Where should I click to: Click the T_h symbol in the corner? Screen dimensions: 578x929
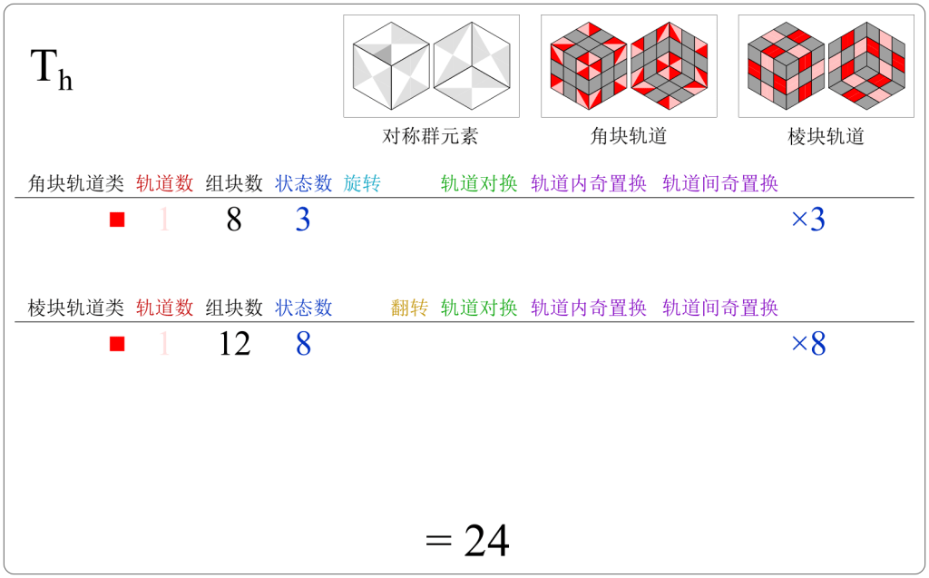pyautogui.click(x=52, y=70)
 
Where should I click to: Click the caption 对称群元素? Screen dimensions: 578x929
pyautogui.click(x=430, y=137)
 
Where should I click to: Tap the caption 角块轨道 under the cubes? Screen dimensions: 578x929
pyautogui.click(x=629, y=137)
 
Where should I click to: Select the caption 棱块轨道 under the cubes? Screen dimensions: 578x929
pyautogui.click(x=826, y=137)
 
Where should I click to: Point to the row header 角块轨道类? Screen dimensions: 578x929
pyautogui.click(x=76, y=183)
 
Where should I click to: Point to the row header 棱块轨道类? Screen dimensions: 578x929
pyautogui.click(x=76, y=308)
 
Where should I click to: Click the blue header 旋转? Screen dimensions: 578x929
pyautogui.click(x=362, y=183)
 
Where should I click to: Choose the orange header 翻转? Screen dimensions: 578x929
pyautogui.click(x=409, y=308)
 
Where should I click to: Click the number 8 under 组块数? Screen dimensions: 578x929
pyautogui.click(x=234, y=220)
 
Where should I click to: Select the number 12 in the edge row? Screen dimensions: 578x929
pyautogui.click(x=234, y=344)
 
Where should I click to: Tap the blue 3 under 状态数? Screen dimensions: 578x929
pyautogui.click(x=303, y=220)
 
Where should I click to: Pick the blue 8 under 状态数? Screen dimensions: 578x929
pyautogui.click(x=303, y=344)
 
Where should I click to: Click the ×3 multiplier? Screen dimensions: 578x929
pyautogui.click(x=807, y=220)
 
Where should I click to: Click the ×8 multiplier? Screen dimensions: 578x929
pyautogui.click(x=807, y=344)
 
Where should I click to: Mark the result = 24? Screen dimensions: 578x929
pyautogui.click(x=467, y=541)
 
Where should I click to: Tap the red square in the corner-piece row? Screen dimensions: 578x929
pyautogui.click(x=116, y=220)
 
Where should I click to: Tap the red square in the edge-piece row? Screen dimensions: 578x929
pyautogui.click(x=116, y=344)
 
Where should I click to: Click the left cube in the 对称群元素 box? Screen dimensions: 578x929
pyautogui.click(x=391, y=66)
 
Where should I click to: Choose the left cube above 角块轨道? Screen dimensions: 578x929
pyautogui.click(x=589, y=66)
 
